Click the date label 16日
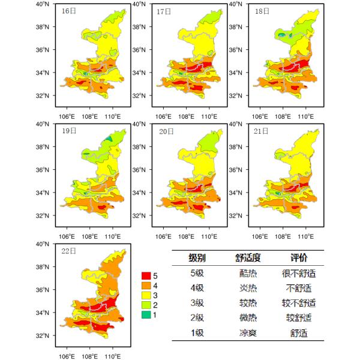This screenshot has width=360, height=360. click(x=68, y=11)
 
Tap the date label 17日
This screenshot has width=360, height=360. click(x=164, y=11)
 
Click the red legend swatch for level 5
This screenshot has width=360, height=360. click(x=146, y=275)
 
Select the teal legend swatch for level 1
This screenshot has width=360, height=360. click(x=146, y=315)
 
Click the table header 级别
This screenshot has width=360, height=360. click(x=197, y=259)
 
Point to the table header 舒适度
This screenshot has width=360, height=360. click(x=247, y=259)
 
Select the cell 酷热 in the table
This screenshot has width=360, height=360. click(x=247, y=274)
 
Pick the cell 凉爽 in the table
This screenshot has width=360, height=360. click(x=247, y=332)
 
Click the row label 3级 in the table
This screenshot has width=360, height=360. click(x=197, y=303)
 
